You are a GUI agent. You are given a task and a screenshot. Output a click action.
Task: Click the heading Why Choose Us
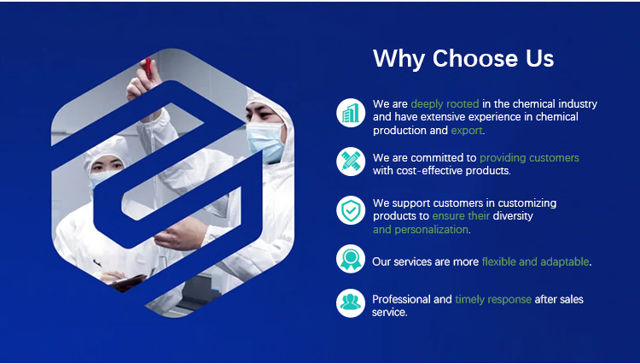click(463, 59)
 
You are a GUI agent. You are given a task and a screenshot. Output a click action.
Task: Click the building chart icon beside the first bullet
click(350, 112)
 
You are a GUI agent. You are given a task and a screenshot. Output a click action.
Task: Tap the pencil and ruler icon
click(350, 161)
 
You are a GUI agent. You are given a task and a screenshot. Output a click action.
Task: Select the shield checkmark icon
click(350, 210)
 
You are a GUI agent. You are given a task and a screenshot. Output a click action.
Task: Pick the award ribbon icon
click(350, 258)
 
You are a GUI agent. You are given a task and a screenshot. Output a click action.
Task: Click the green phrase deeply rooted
click(445, 104)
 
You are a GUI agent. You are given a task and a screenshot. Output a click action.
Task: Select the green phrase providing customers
click(529, 158)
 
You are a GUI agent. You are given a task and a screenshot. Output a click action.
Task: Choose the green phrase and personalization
click(421, 230)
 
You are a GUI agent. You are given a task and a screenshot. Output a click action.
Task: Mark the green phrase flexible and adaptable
click(536, 261)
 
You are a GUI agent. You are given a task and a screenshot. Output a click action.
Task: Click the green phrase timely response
click(493, 300)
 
